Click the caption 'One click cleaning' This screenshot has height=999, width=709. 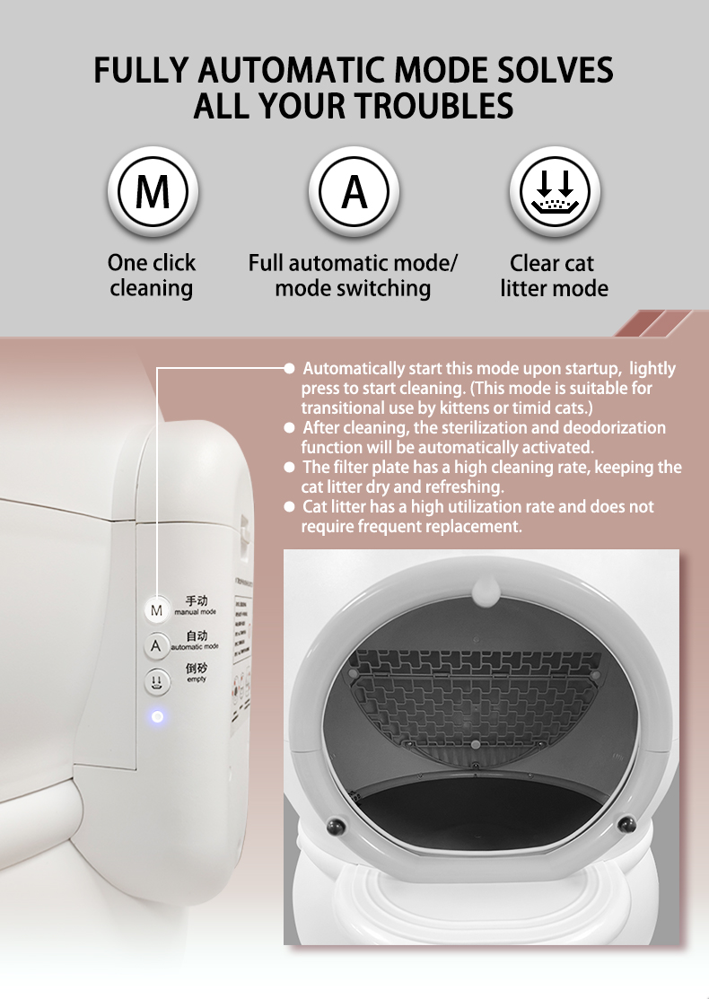(151, 276)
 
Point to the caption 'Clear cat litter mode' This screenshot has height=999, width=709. (554, 276)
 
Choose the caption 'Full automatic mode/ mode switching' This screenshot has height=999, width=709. (353, 276)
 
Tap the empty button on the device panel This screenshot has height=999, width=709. (157, 682)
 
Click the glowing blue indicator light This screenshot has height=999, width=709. (157, 716)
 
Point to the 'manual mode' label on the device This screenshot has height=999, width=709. (195, 611)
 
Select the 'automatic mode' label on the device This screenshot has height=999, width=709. (196, 645)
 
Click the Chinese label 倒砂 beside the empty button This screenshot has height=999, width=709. (197, 669)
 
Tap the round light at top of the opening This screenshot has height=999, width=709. (485, 592)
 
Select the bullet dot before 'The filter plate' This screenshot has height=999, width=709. (289, 468)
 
